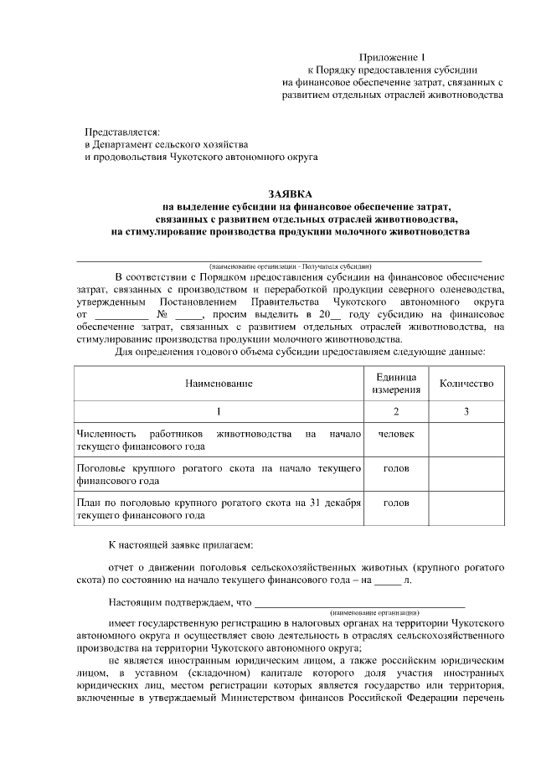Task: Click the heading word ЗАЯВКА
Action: click(289, 193)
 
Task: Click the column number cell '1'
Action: click(219, 410)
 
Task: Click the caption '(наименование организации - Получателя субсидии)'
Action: click(291, 266)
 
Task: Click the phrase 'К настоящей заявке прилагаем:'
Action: click(179, 545)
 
